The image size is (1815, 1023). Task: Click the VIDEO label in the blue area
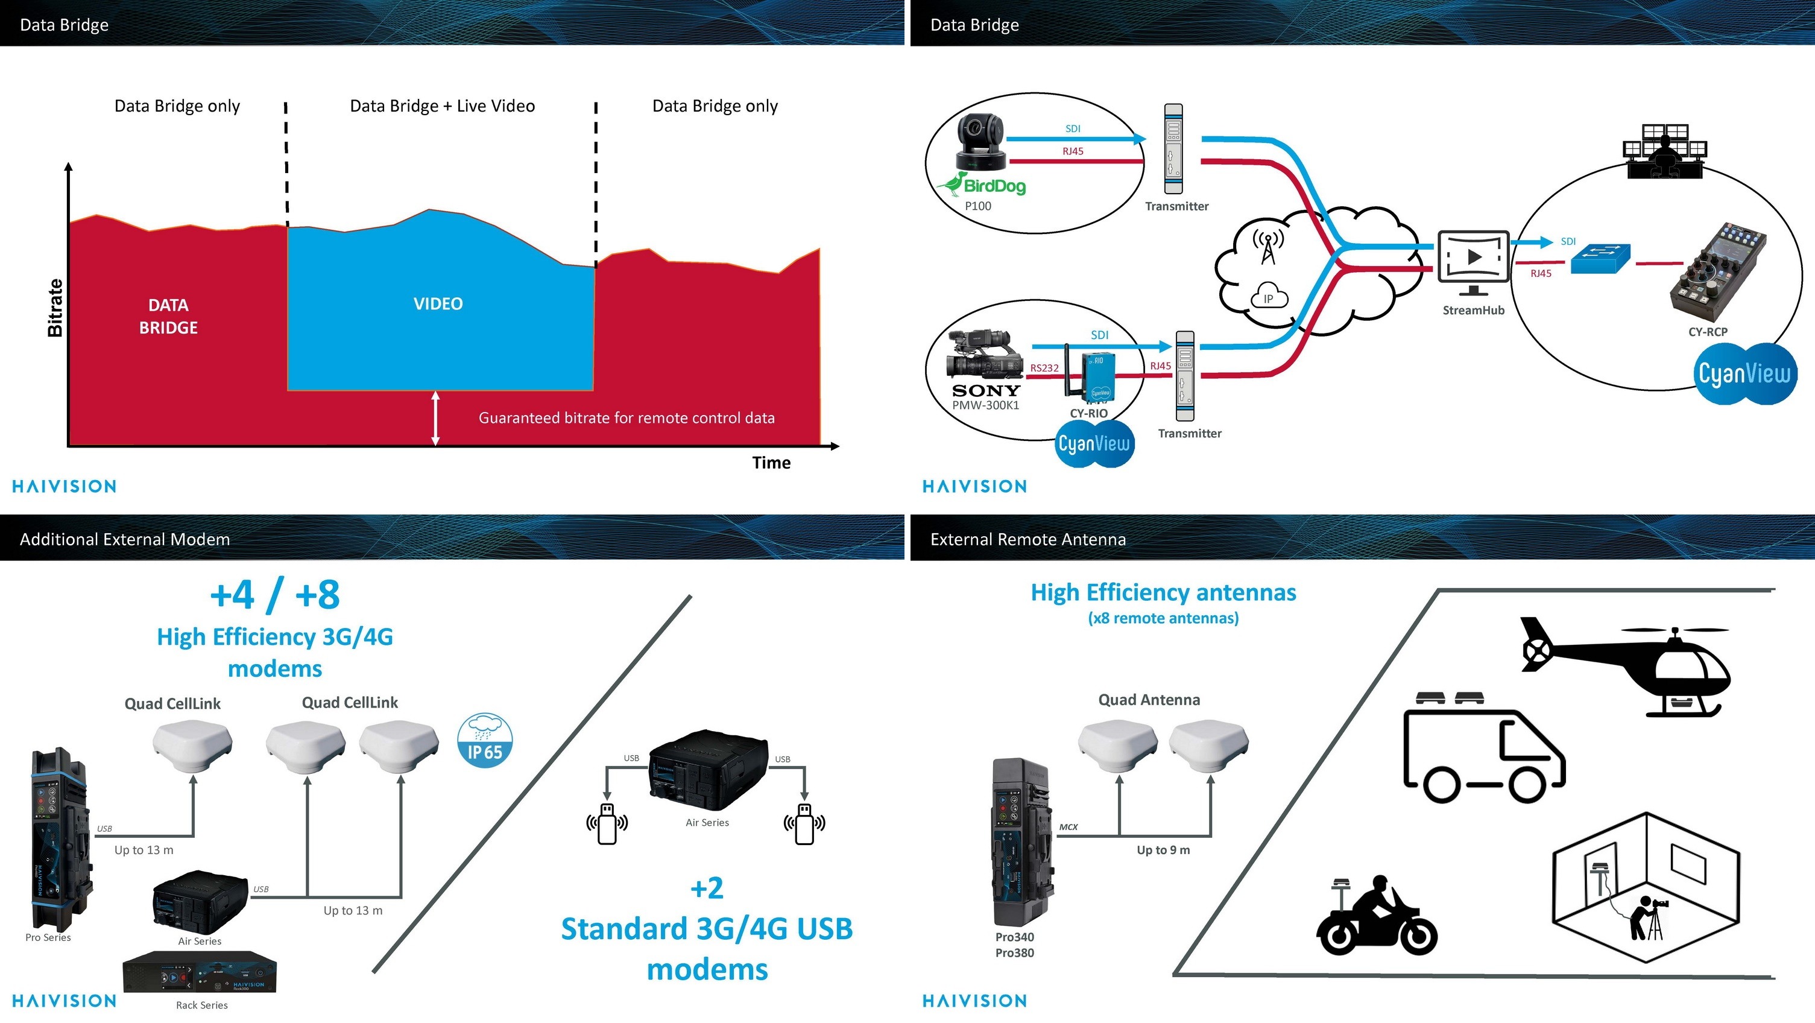[438, 304]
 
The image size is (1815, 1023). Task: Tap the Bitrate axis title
[55, 308]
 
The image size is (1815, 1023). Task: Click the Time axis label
[771, 463]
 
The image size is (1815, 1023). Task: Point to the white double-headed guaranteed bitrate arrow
[435, 418]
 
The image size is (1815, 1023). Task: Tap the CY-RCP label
[1707, 331]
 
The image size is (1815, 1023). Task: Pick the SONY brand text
[986, 390]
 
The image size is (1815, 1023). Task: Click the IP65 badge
[485, 740]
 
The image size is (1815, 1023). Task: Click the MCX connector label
[1068, 827]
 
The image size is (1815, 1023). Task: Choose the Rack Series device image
[200, 973]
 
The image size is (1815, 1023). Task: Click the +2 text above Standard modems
[707, 888]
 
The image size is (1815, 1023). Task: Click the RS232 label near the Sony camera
[1044, 368]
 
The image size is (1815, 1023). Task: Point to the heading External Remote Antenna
[1028, 539]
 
